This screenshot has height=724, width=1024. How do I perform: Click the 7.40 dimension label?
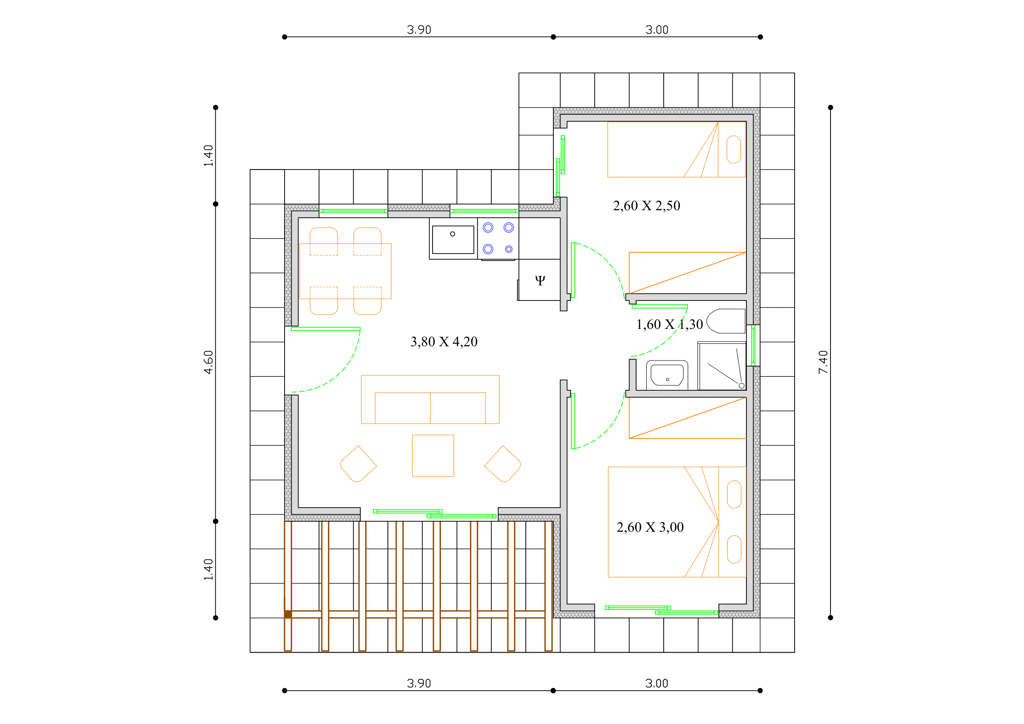point(823,362)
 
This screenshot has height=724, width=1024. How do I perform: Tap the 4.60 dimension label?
point(208,362)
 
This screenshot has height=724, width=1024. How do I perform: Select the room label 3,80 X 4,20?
point(444,342)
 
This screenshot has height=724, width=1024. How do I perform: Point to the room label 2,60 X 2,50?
point(646,206)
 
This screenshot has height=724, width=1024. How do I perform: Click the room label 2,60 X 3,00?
point(650,527)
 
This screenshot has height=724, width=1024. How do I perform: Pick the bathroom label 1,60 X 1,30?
point(669,324)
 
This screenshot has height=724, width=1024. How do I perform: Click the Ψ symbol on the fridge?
point(540,280)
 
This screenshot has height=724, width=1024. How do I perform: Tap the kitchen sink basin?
point(453,240)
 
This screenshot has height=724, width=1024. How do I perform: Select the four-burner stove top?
point(498,239)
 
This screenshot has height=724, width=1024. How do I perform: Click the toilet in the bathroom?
point(726,321)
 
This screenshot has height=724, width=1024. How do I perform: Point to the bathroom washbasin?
point(667,375)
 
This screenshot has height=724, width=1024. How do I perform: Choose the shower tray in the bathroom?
point(722,366)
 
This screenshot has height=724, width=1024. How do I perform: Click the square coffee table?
point(433,456)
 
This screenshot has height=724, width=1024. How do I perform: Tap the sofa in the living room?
point(430,400)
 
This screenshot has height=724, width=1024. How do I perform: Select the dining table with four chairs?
point(345,271)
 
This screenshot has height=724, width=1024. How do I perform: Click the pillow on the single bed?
point(734,149)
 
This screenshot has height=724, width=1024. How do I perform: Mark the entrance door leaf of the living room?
point(326,329)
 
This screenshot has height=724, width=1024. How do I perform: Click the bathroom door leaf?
point(660,307)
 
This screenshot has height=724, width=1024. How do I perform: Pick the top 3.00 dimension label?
point(657,30)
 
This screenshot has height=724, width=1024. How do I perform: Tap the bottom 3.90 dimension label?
point(419,683)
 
